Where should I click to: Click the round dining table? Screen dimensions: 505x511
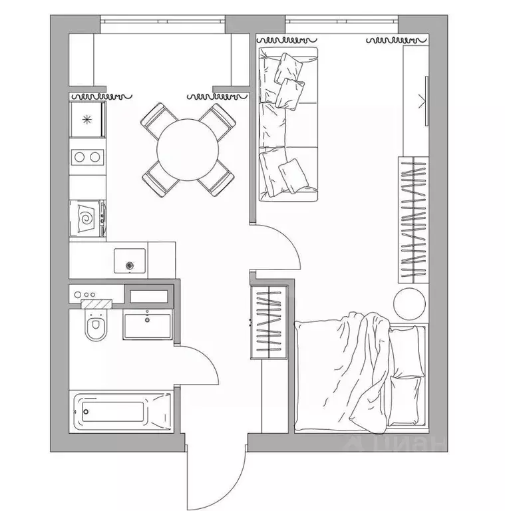click(188, 150)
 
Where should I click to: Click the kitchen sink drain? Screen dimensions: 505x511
click(130, 265)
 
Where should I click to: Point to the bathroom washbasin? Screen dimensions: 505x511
click(148, 326)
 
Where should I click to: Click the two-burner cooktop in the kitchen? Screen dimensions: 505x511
click(87, 157)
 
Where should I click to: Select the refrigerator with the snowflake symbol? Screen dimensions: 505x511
click(87, 119)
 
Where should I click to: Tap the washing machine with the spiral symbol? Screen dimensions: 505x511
click(87, 218)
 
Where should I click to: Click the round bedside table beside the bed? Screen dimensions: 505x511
click(410, 304)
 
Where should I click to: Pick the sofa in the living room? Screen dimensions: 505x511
click(288, 124)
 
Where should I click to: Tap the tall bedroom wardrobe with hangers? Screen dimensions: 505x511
click(413, 220)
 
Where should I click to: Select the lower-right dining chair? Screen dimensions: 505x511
click(216, 178)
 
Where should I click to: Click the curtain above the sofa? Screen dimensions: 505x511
click(286, 40)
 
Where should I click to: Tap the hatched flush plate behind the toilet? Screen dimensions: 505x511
click(96, 303)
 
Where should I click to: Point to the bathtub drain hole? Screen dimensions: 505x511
click(86, 412)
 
